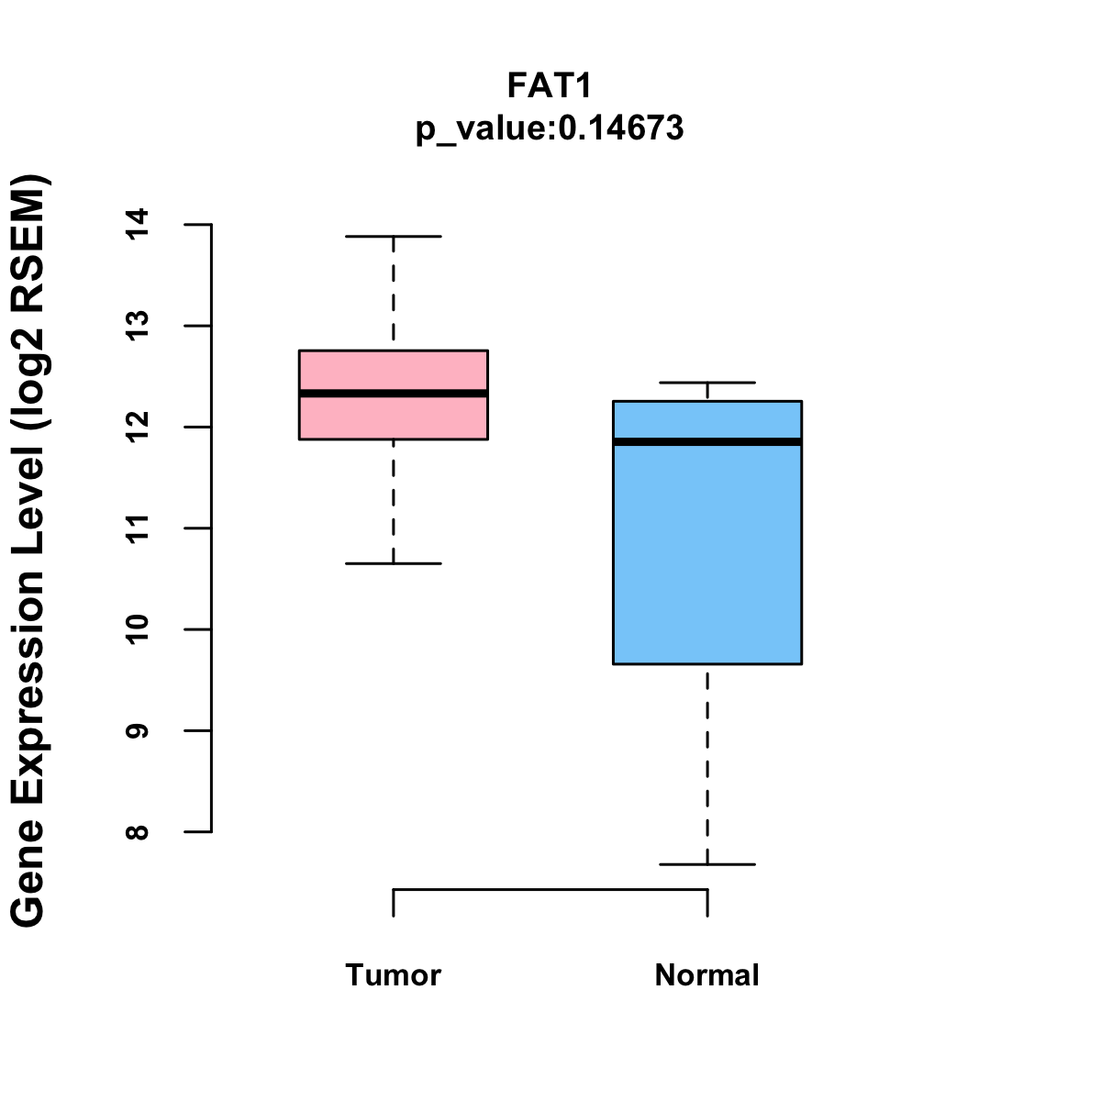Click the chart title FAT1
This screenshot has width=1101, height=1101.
(550, 85)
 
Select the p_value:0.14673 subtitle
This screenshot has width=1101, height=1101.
(550, 128)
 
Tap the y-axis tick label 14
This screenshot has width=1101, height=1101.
(137, 225)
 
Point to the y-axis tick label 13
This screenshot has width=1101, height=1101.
(137, 326)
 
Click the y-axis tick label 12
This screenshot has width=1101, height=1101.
(137, 427)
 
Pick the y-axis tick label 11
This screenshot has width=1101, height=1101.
(137, 528)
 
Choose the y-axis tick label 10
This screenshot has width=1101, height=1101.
(137, 629)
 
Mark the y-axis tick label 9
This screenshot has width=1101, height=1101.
(137, 730)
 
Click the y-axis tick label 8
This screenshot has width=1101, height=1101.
(137, 832)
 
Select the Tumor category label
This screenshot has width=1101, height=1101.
(393, 974)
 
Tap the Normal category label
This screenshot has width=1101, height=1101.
(706, 974)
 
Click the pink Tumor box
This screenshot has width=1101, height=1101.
(393, 417)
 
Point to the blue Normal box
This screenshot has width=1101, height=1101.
(707, 550)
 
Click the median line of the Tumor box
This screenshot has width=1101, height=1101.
(393, 393)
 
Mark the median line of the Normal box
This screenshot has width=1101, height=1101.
(707, 441)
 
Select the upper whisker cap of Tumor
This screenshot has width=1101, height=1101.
(393, 236)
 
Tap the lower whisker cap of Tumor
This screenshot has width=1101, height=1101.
(393, 563)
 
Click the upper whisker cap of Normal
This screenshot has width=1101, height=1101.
(707, 383)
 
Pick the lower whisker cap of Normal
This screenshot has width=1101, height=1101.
(707, 864)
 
